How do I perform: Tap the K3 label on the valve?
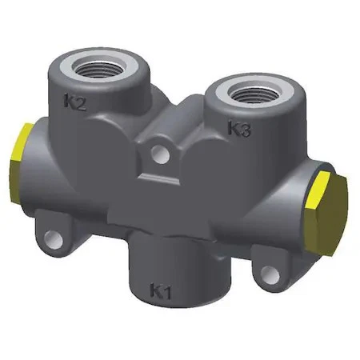click(240, 129)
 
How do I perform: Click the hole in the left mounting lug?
click(54, 238)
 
